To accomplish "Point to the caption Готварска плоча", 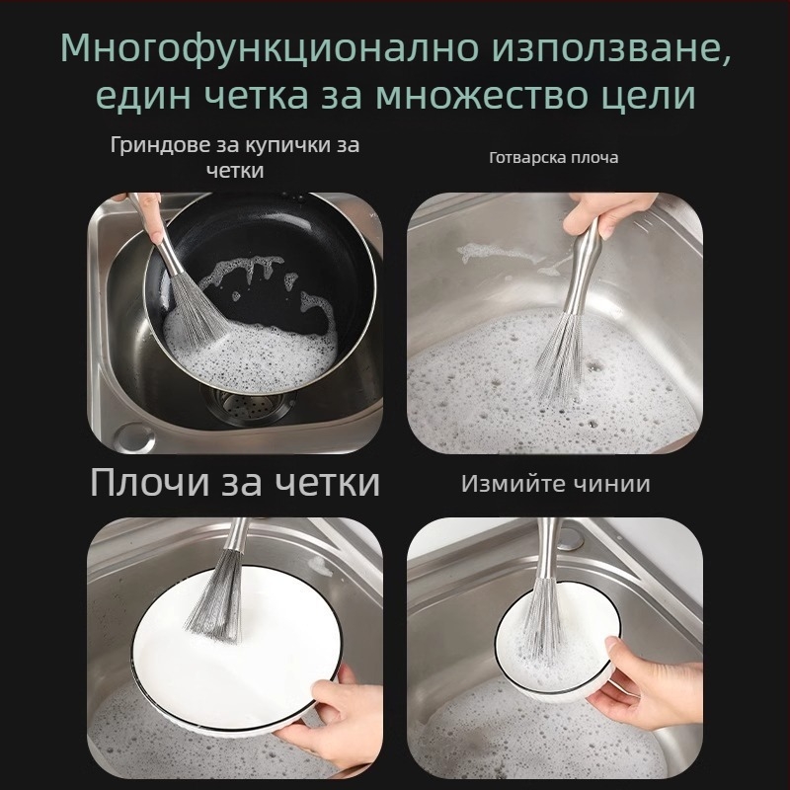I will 554,157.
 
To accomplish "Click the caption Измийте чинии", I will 555,484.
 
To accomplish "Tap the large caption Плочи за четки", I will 234,482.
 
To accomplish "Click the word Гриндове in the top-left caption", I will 161,145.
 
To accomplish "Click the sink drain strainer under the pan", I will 244,406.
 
